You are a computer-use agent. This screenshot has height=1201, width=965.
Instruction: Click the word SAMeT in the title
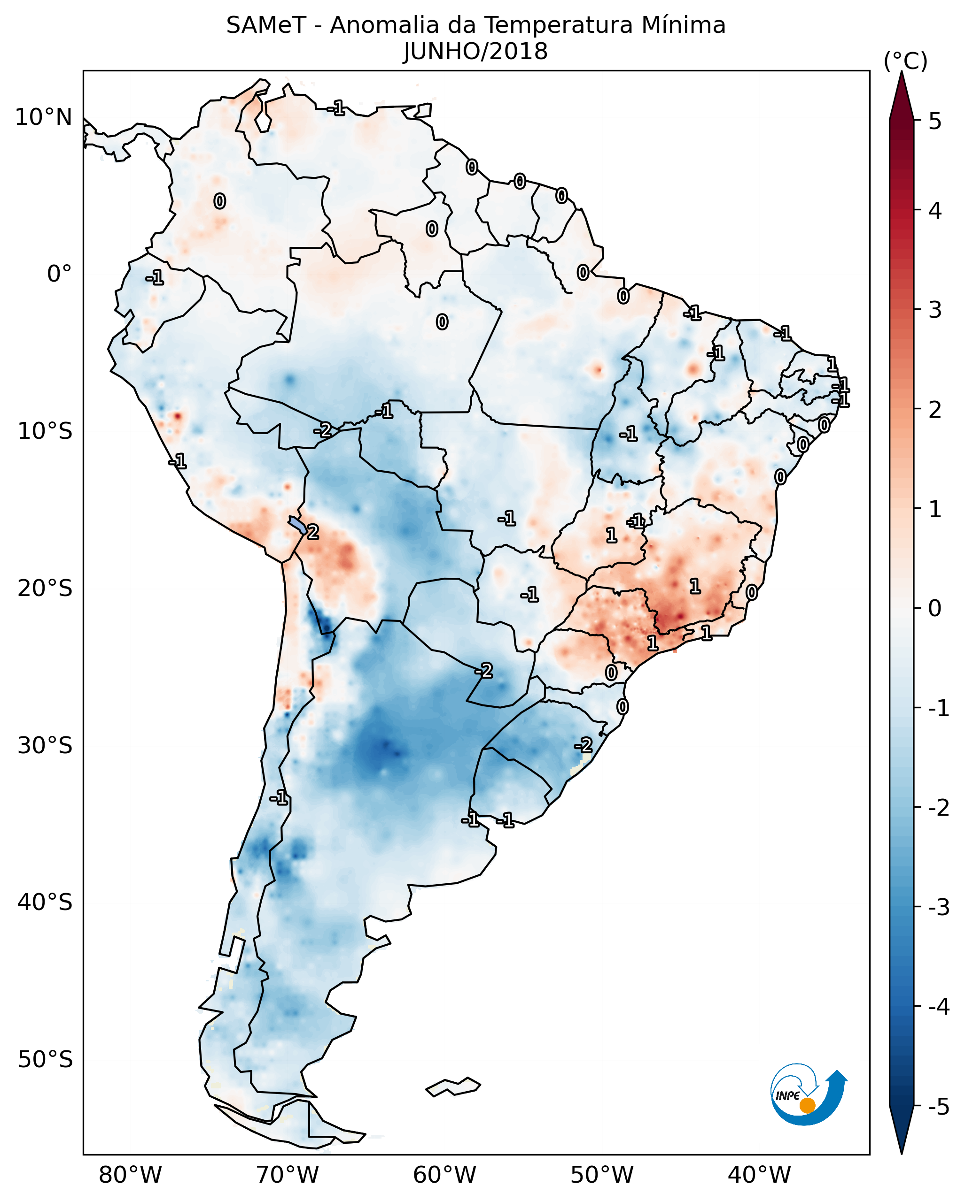coord(266,26)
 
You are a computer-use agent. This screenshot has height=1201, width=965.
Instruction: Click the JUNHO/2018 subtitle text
coord(475,51)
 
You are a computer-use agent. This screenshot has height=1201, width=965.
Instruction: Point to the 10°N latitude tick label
coord(44,117)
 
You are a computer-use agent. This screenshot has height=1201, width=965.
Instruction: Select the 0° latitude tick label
coord(60,274)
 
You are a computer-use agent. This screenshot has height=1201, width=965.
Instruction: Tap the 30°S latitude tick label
coord(45,745)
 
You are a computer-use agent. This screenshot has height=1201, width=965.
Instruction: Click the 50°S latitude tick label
coord(45,1060)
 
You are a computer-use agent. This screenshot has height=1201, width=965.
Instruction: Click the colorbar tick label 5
coord(935,121)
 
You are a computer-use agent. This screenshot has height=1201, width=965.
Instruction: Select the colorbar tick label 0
coord(935,608)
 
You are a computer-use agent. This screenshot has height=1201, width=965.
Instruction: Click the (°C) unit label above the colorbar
coord(905,61)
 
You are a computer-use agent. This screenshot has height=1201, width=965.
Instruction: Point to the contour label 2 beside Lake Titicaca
coord(313,532)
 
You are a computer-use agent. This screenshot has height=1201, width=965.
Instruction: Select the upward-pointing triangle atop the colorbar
coord(902,95)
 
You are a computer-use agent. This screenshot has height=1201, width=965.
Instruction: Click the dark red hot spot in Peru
coord(177,415)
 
